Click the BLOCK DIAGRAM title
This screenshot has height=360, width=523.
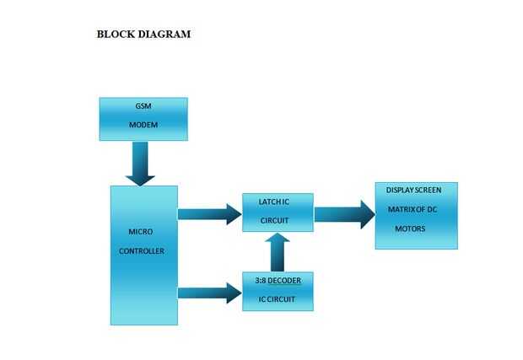pyautogui.click(x=143, y=35)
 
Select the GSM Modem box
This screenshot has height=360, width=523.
pyautogui.click(x=143, y=119)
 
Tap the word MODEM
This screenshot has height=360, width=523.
pyautogui.click(x=143, y=125)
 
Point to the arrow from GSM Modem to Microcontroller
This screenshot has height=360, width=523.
pyautogui.click(x=140, y=164)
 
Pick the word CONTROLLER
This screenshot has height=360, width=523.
pyautogui.click(x=141, y=251)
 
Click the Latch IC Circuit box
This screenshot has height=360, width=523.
pyautogui.click(x=278, y=212)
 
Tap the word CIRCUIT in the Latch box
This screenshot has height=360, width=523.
pyautogui.click(x=275, y=221)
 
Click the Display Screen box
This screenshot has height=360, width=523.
pyautogui.click(x=416, y=216)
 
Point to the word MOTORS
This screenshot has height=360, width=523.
pyautogui.click(x=410, y=228)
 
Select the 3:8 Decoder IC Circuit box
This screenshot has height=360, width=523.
pyautogui.click(x=278, y=291)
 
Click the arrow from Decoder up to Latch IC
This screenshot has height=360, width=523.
pyautogui.click(x=278, y=253)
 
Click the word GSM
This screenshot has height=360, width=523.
pyautogui.click(x=143, y=107)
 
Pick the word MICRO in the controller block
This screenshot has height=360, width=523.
pyautogui.click(x=140, y=231)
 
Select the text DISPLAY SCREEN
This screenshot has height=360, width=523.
pyautogui.click(x=414, y=190)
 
